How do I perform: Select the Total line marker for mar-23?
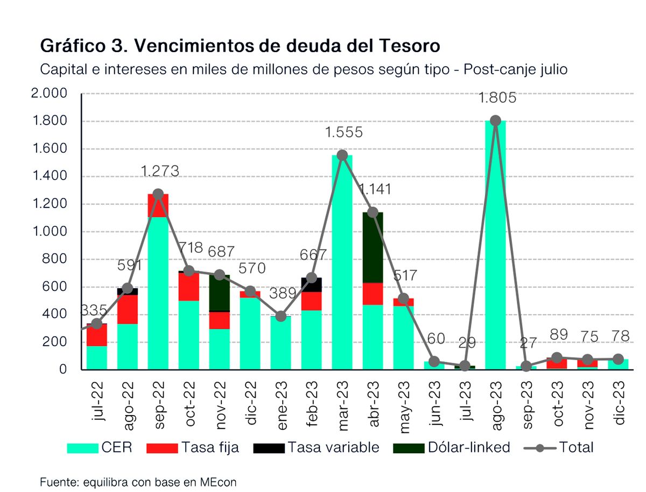[x=342, y=155]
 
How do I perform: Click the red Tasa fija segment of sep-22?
[x=158, y=205]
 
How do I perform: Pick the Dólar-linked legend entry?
[x=452, y=447]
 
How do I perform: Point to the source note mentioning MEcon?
[x=138, y=482]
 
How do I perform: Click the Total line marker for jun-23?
[x=434, y=361]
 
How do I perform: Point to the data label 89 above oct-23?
[x=558, y=334]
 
